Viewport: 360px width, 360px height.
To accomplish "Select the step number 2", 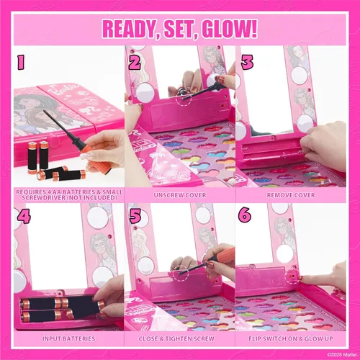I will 134,63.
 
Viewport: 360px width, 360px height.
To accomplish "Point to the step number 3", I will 247,63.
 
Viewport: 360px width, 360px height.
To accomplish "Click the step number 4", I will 24,215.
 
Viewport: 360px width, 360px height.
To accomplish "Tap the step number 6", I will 247,215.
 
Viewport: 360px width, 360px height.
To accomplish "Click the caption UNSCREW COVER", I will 179,194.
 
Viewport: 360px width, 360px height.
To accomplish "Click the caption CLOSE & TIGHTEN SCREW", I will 179,338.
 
